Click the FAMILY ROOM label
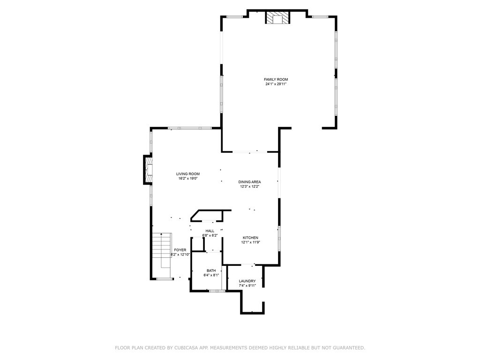276,79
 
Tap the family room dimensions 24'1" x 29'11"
276,84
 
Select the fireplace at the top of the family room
277,18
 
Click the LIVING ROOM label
188,174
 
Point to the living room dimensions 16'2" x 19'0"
188,179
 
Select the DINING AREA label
249,182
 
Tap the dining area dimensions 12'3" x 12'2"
249,187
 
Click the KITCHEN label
250,238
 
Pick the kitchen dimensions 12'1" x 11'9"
250,242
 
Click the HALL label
210,231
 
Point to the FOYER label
180,250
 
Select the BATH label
211,270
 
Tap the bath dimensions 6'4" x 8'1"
211,275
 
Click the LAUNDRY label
247,281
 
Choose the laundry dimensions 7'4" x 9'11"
247,285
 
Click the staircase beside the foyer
162,251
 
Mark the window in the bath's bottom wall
217,291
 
